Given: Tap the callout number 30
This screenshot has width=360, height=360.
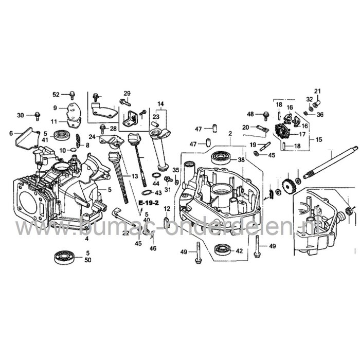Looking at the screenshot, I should coord(21,115).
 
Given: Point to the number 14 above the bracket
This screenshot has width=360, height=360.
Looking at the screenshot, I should coord(161,104).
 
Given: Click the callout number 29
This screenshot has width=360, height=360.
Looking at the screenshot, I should coord(127,93).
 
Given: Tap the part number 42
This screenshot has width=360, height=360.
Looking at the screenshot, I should coord(239,251).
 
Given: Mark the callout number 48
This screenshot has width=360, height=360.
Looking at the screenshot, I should coord(250,114).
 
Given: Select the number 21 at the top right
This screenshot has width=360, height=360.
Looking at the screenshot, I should coord(317,91).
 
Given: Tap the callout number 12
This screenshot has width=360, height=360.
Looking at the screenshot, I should coord(167,209).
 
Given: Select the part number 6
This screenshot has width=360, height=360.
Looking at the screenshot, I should coord(11,134).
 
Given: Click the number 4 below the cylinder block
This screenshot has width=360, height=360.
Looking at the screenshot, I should coord(86,240).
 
